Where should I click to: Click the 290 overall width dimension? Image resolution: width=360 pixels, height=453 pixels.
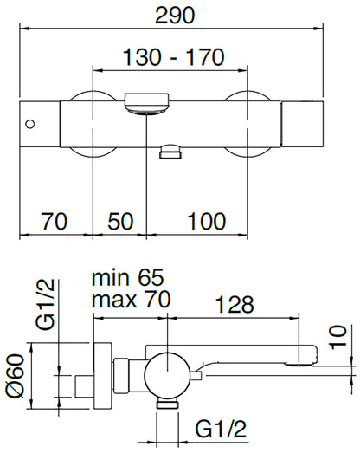tap(175, 15)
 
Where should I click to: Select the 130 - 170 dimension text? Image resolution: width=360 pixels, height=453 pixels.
tap(173, 57)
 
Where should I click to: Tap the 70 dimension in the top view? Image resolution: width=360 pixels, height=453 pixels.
tap(55, 221)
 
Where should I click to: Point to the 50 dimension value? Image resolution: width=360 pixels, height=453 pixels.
tap(120, 221)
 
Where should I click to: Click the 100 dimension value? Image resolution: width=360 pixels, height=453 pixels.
tap(207, 221)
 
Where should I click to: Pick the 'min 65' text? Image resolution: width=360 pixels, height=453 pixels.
tap(127, 278)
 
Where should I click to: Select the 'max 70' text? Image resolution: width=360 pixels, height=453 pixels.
tap(131, 300)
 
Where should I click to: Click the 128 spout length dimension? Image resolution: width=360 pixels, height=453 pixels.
tap(235, 304)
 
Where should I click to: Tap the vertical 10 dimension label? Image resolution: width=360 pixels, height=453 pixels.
tap(338, 338)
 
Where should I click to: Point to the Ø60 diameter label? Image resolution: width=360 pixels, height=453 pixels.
tap(15, 376)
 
